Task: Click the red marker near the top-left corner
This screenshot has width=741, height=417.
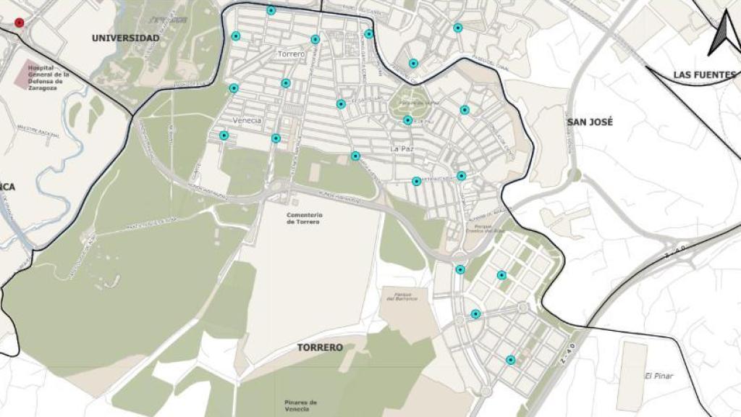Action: coord(19,22)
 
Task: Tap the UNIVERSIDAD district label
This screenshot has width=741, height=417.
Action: coord(125,38)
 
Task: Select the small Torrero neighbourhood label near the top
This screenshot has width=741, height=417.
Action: coord(291,54)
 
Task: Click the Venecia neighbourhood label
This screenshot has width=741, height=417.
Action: coord(247,120)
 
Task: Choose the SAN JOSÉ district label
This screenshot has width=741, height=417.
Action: coord(590,122)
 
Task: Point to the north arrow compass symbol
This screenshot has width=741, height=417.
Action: coord(724,35)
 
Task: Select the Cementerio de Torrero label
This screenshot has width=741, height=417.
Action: coord(304,218)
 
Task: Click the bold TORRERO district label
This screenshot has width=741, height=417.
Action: coord(320,347)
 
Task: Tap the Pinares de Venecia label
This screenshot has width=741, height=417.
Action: coord(300,405)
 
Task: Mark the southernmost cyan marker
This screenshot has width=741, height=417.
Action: coord(511,360)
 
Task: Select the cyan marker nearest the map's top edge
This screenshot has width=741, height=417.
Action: coord(271,10)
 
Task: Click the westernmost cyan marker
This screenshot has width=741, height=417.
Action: coord(224,135)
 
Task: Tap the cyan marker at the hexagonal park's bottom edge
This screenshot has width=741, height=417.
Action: coord(408,120)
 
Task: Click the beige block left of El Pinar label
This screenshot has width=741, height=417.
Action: coord(632,376)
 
